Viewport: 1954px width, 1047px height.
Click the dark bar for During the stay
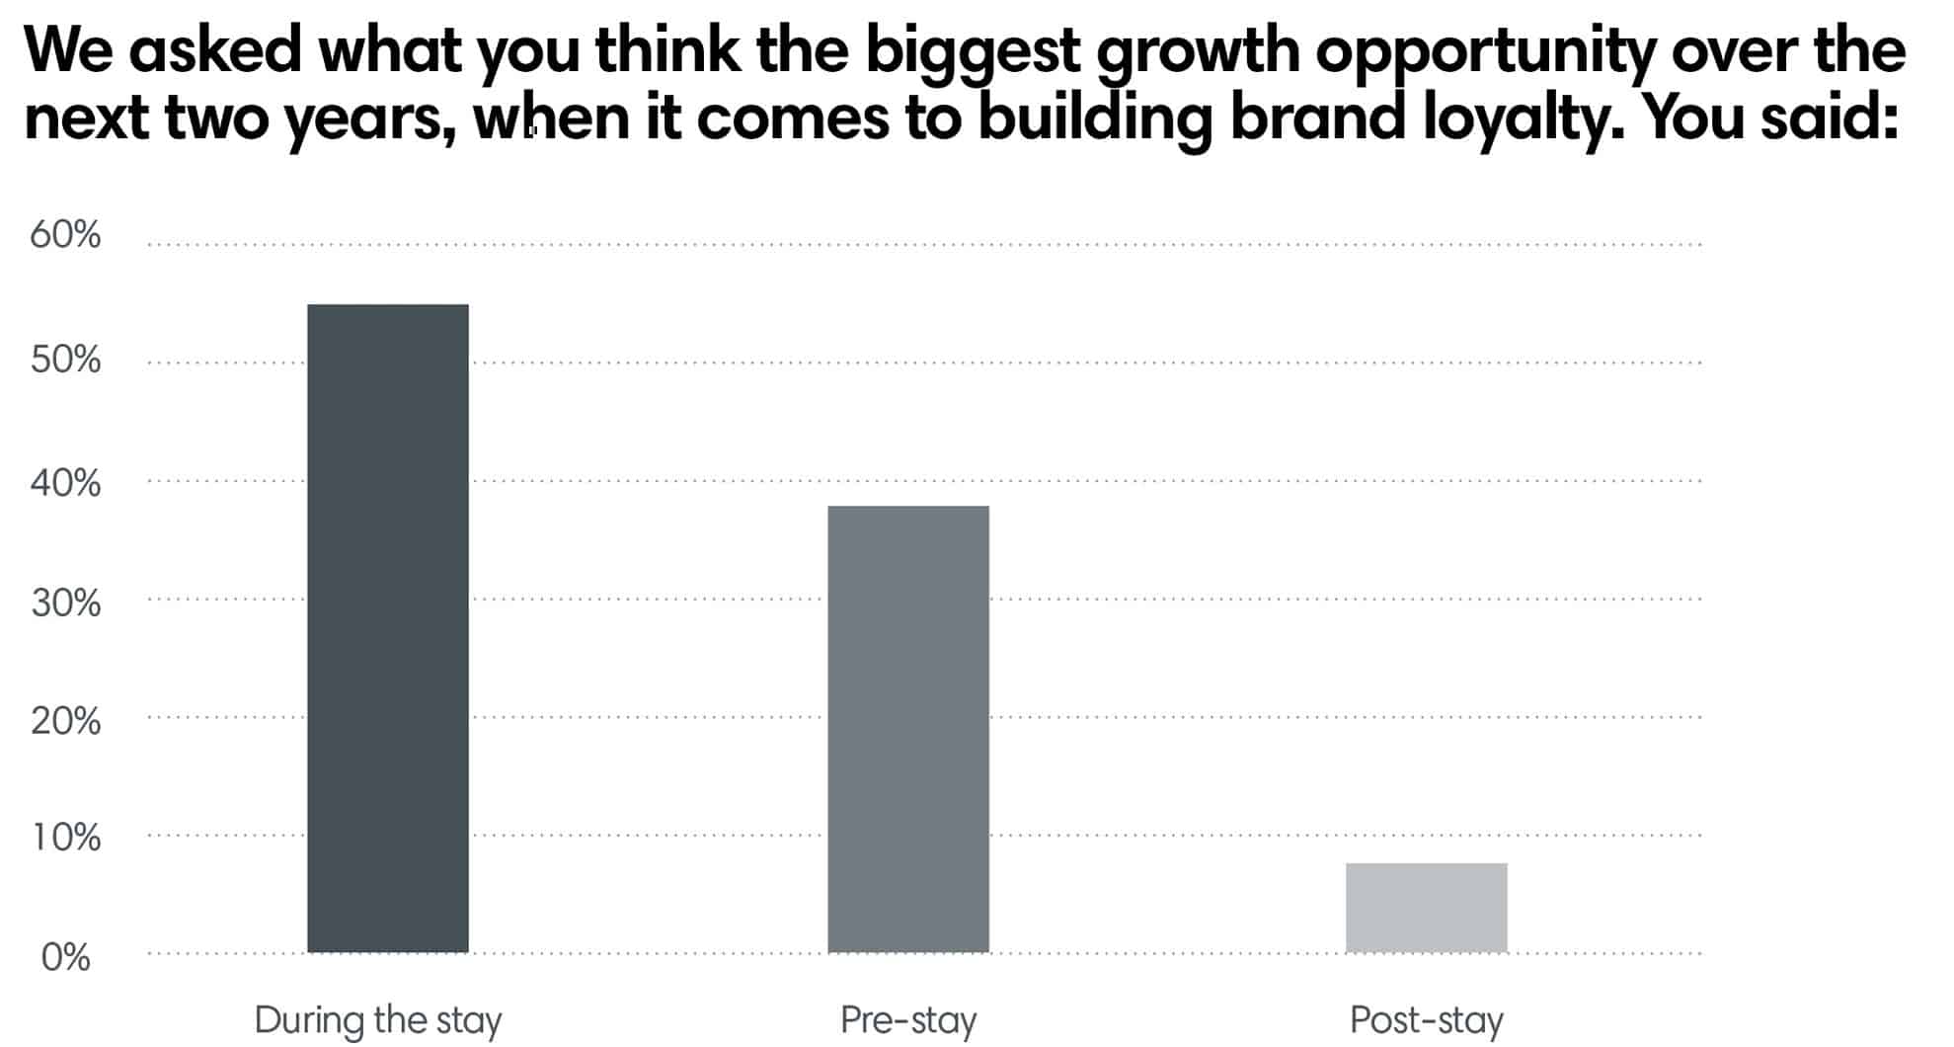pos(388,628)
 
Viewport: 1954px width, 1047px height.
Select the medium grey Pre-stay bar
pos(907,729)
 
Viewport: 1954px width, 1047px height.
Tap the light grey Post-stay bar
pos(1426,908)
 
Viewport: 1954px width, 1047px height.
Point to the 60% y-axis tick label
pos(65,235)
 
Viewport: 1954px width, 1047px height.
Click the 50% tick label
pos(65,360)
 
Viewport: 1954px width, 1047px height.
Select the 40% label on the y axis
pos(65,483)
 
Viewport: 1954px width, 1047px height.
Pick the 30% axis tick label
pos(65,603)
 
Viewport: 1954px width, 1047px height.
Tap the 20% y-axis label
pos(65,721)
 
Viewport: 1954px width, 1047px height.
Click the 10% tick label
pos(65,838)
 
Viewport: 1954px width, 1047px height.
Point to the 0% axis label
pos(65,957)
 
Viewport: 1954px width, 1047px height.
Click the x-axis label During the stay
pos(378,1020)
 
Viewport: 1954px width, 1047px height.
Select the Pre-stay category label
pos(908,1020)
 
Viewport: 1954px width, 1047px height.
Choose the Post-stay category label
pos(1427,1020)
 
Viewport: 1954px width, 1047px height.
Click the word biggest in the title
pos(973,51)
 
